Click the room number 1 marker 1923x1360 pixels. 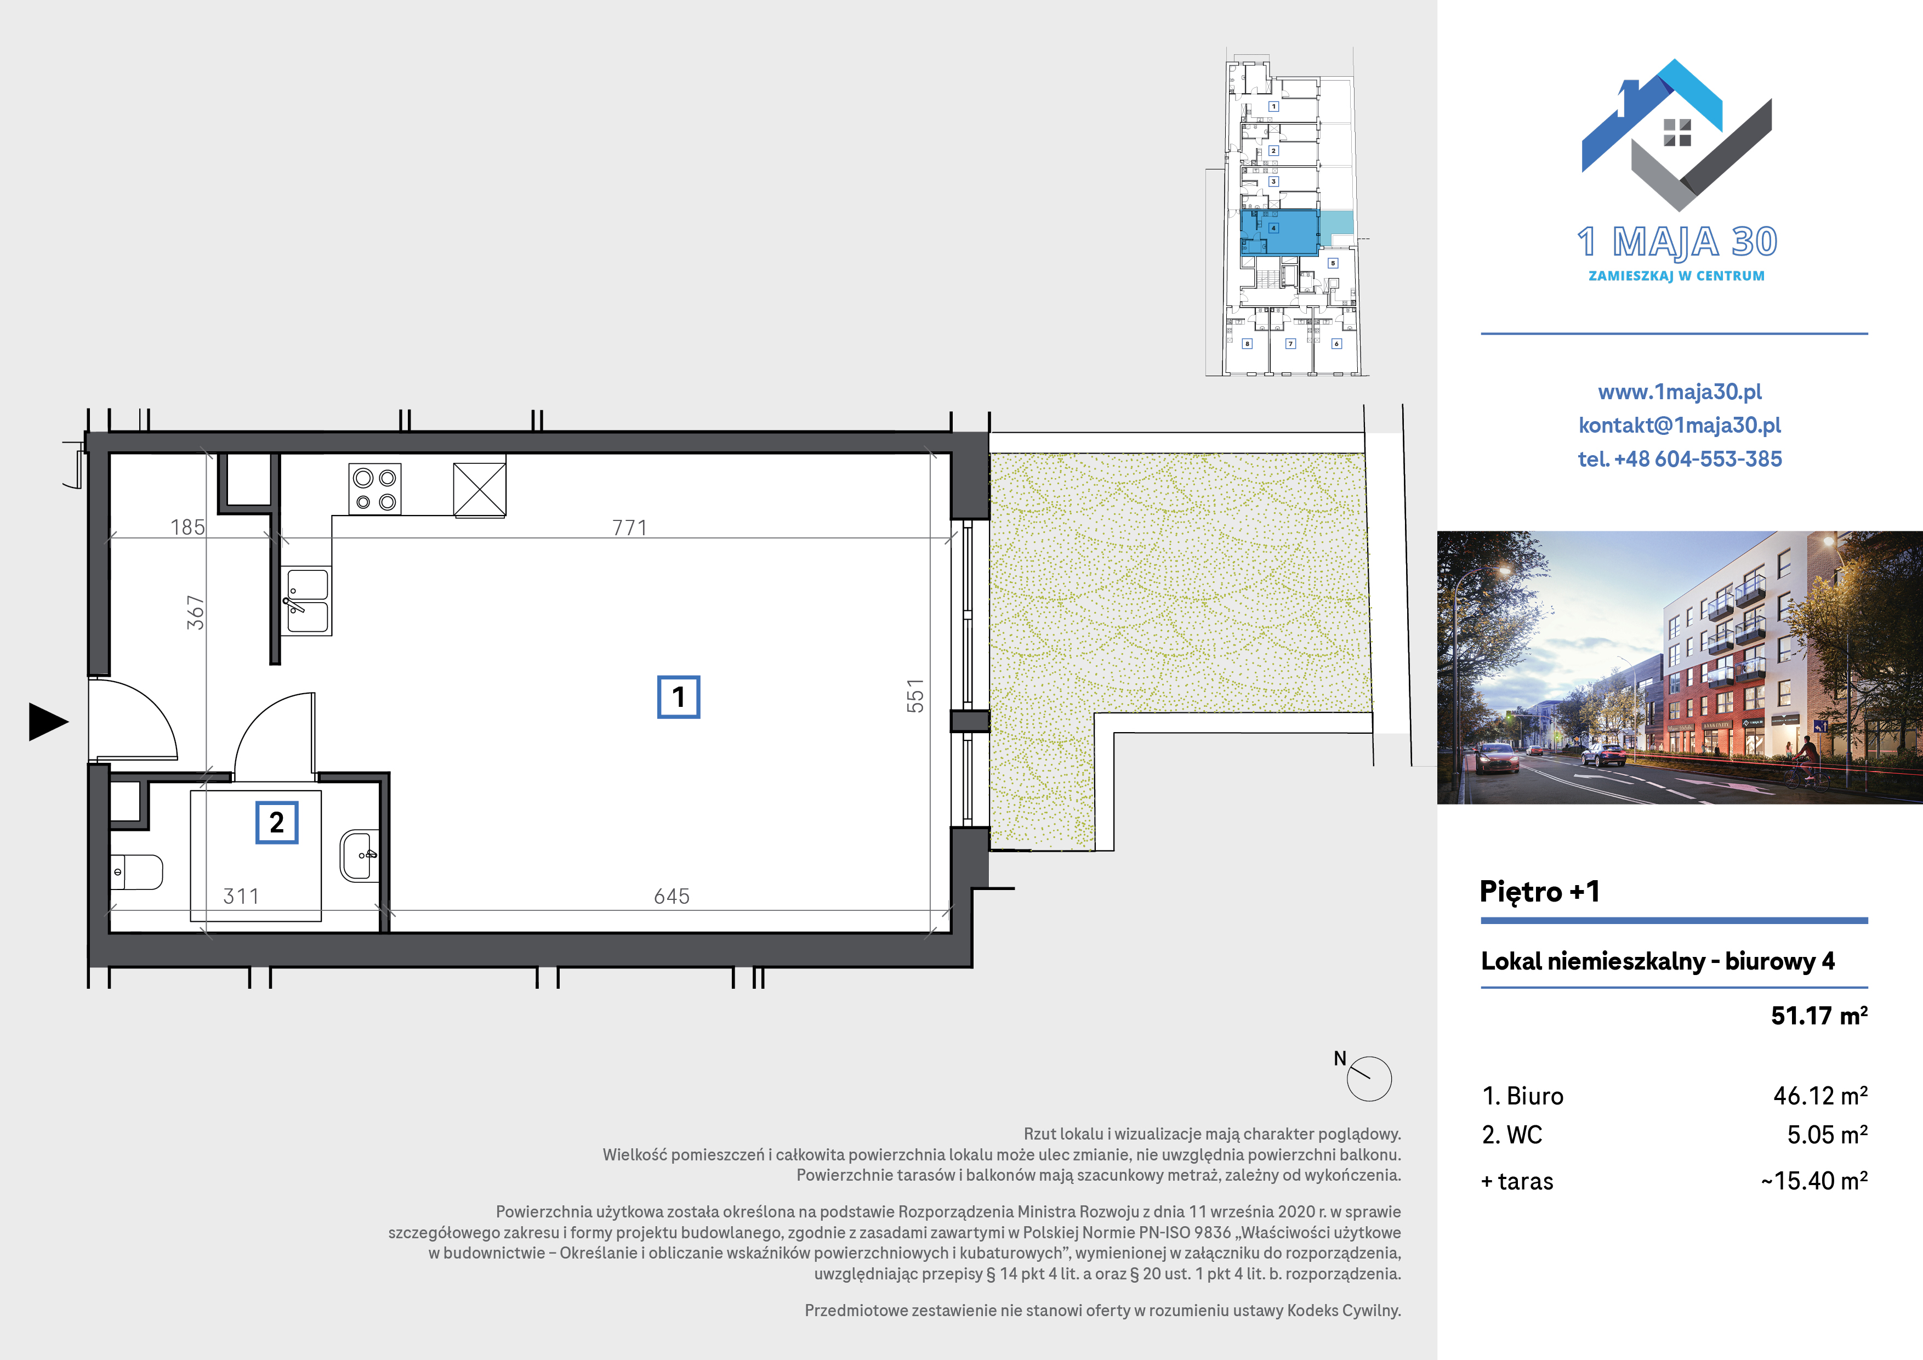tap(679, 697)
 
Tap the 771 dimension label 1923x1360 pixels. tap(630, 528)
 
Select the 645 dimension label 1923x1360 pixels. tap(672, 897)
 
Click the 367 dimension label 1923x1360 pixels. tap(195, 613)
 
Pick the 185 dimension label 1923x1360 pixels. tap(187, 527)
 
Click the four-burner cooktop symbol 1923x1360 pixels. tap(375, 489)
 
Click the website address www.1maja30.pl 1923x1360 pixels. tap(1679, 392)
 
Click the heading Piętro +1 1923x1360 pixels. tap(1539, 892)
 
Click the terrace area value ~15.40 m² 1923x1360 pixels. tap(1814, 1181)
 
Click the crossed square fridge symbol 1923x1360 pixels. tap(480, 489)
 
